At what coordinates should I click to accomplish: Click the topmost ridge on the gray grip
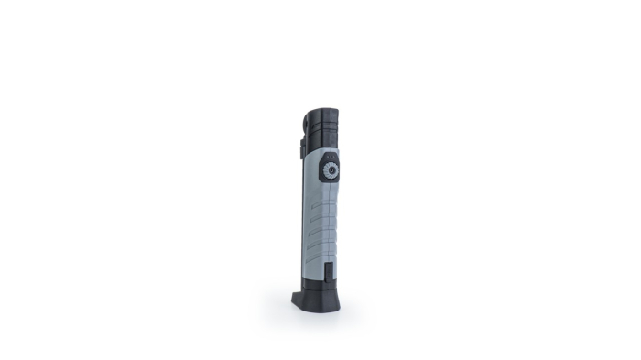click(321, 194)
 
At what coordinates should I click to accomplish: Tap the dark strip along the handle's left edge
click(302, 220)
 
